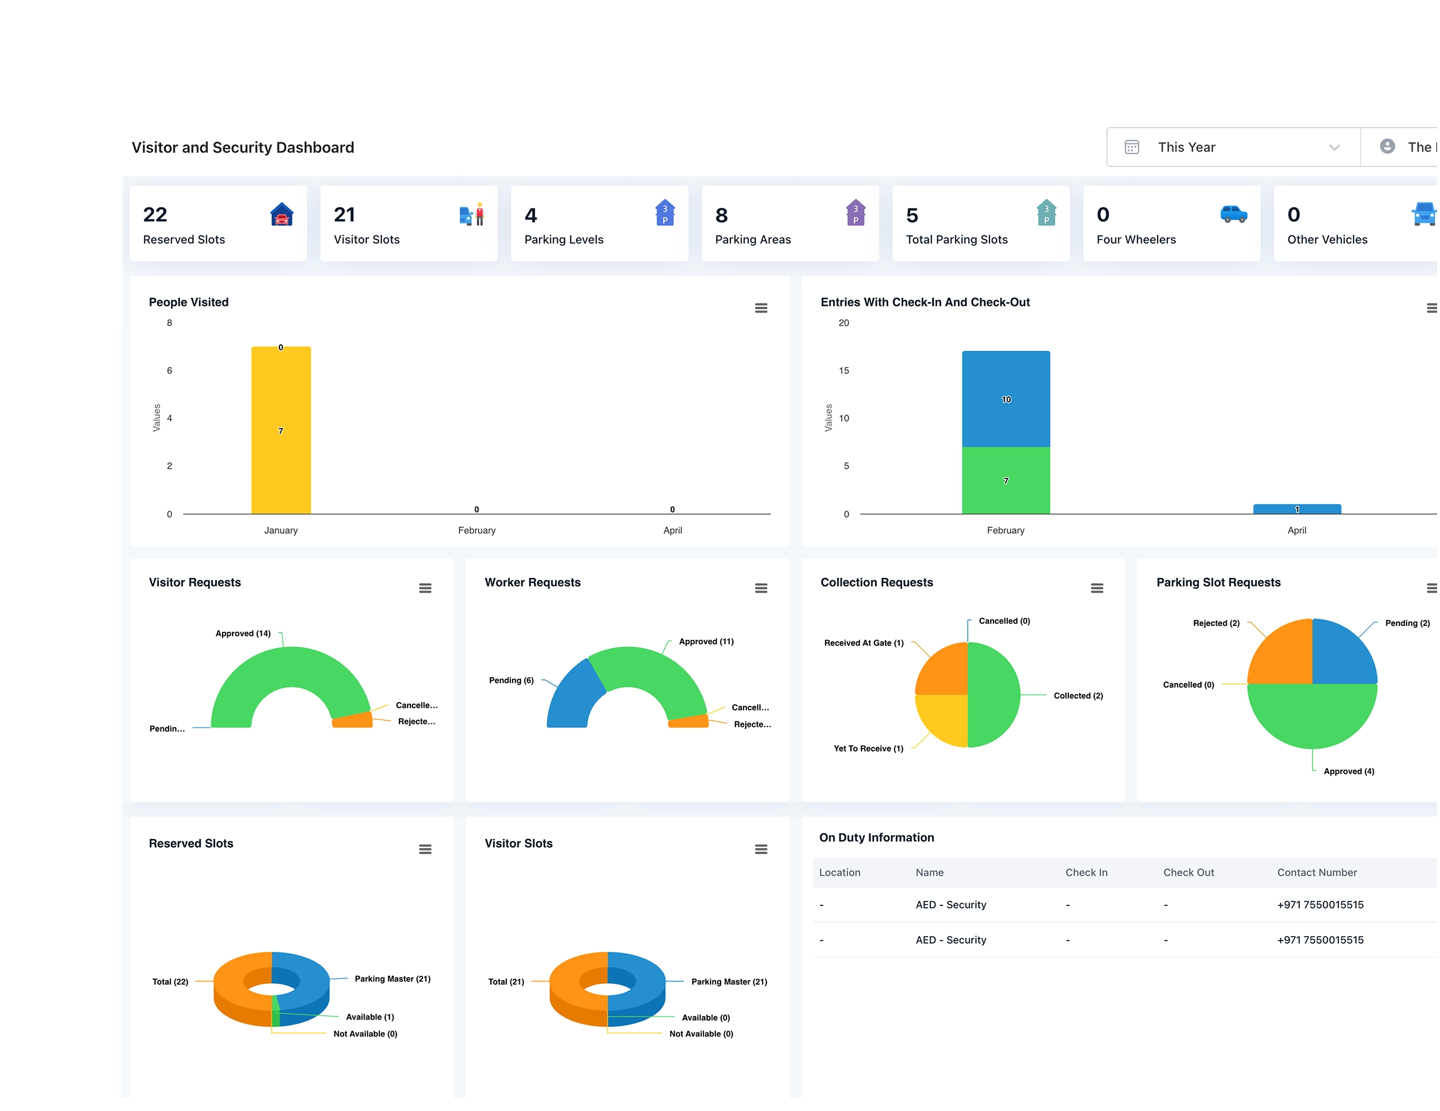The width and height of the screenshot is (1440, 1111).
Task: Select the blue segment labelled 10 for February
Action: [1005, 399]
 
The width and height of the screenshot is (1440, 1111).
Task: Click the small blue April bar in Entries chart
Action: [1296, 509]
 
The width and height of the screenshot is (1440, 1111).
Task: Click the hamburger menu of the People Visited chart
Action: [761, 308]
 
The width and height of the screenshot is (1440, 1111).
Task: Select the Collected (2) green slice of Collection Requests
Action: [994, 694]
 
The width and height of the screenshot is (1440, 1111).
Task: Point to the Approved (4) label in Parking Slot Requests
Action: [1348, 771]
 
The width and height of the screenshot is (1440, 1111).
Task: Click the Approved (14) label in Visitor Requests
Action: [243, 633]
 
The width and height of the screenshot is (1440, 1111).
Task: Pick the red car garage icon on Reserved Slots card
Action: [281, 214]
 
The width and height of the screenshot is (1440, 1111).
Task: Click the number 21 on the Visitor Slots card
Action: [344, 214]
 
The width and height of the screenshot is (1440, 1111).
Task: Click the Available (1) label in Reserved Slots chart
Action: [369, 1016]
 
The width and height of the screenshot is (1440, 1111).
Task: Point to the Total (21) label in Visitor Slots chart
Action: [506, 981]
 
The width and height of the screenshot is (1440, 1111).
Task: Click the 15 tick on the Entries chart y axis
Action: [843, 371]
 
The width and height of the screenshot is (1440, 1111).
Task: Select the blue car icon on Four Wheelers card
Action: [1233, 214]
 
